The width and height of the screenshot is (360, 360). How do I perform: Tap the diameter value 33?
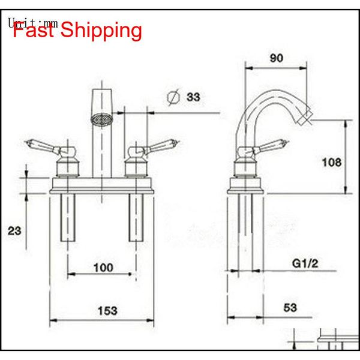coord(193,96)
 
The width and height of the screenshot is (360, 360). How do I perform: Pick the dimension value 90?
coord(277,58)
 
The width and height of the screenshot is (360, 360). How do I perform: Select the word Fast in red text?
coord(35,29)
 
